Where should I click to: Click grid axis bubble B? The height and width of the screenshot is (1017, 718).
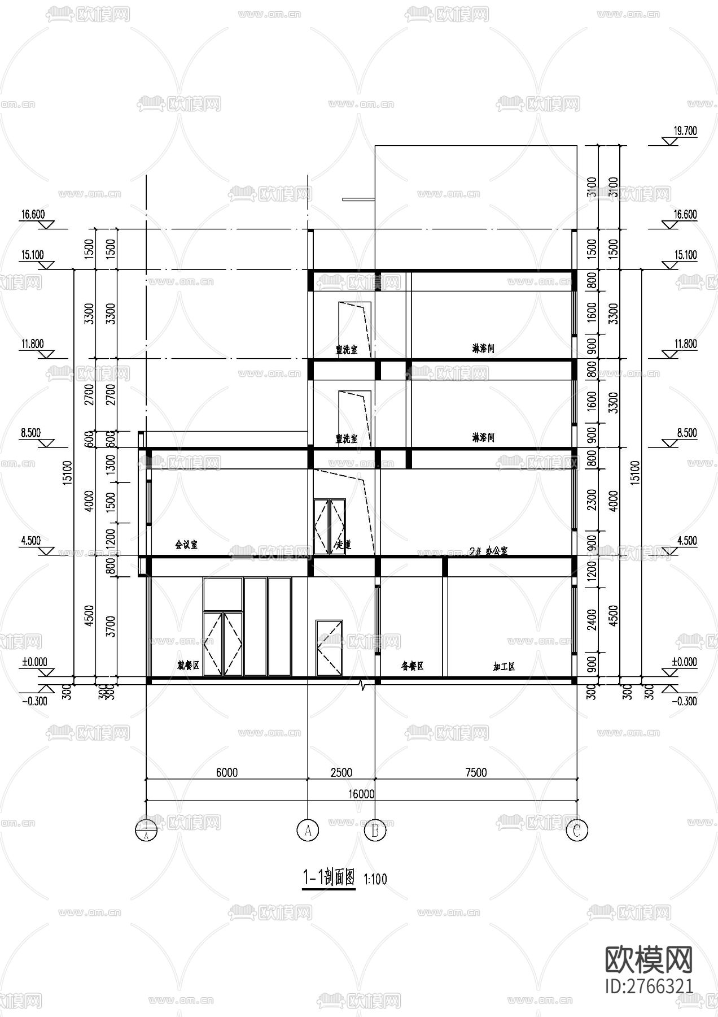375,831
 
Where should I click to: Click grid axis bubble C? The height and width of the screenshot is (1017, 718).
576,831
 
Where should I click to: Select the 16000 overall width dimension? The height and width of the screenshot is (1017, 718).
361,794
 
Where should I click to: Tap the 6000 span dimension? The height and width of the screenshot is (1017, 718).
226,772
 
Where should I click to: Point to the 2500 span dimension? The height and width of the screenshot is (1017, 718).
341,772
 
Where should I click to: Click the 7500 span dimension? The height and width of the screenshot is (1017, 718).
476,772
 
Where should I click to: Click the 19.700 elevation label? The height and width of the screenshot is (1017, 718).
685,131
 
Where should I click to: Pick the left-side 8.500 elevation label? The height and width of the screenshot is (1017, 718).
31,433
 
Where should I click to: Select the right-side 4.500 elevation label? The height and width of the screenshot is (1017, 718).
685,541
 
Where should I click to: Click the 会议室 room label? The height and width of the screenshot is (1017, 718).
186,545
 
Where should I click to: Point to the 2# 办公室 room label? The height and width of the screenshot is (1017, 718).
488,551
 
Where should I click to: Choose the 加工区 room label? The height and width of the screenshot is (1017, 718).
504,667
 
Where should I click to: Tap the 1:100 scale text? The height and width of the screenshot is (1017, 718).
375,879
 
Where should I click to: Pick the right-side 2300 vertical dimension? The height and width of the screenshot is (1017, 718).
592,500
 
